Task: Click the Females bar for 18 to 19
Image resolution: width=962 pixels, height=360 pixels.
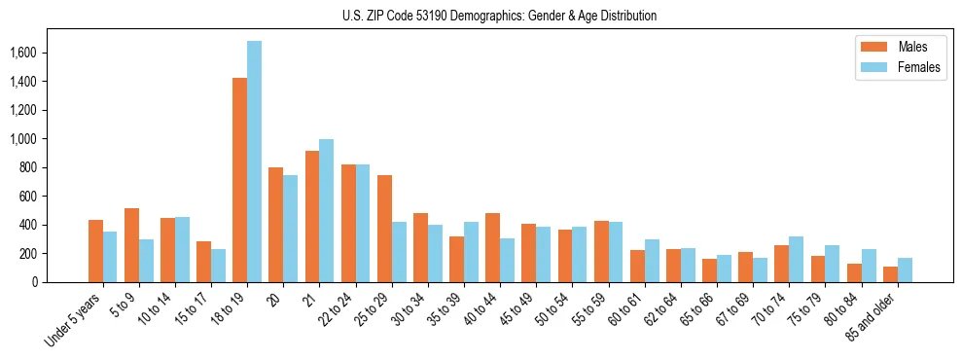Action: tap(254, 162)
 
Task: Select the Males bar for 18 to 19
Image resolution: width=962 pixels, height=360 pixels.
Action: tap(239, 180)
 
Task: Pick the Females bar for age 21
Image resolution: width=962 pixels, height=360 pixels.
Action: tap(327, 210)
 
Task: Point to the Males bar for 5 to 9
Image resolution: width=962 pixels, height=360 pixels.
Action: tap(131, 245)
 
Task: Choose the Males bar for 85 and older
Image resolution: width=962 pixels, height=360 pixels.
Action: tap(890, 274)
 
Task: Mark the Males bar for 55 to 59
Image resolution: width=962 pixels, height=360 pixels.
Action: tap(601, 251)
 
